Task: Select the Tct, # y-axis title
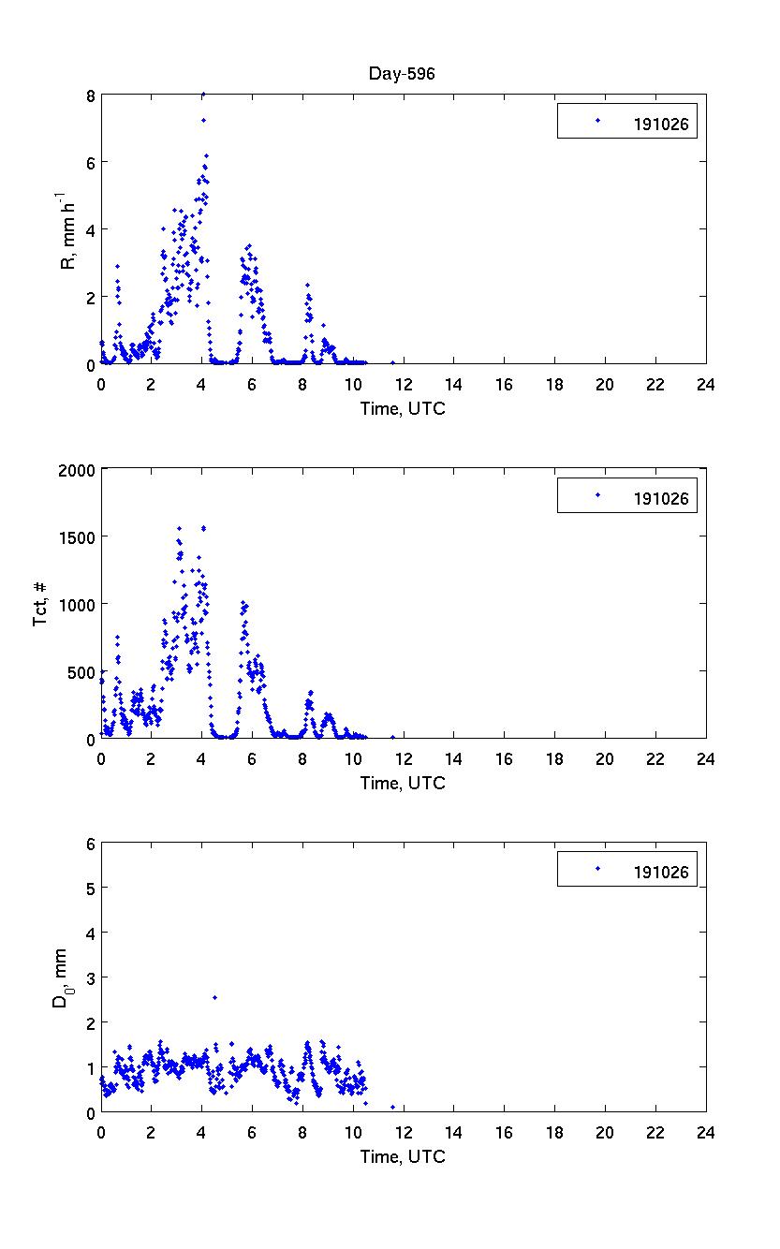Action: coord(42,604)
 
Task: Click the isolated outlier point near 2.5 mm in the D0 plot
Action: coord(214,997)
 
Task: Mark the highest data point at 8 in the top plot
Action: coord(203,95)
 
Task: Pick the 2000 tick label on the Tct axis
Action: coord(79,469)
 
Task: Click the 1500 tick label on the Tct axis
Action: coord(79,536)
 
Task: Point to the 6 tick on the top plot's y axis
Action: coord(90,162)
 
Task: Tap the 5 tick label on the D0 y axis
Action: coord(90,888)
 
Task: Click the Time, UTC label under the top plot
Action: coord(403,408)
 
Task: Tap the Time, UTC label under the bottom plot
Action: coord(403,1157)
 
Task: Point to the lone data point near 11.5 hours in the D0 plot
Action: coord(392,1107)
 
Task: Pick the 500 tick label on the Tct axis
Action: coord(82,671)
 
